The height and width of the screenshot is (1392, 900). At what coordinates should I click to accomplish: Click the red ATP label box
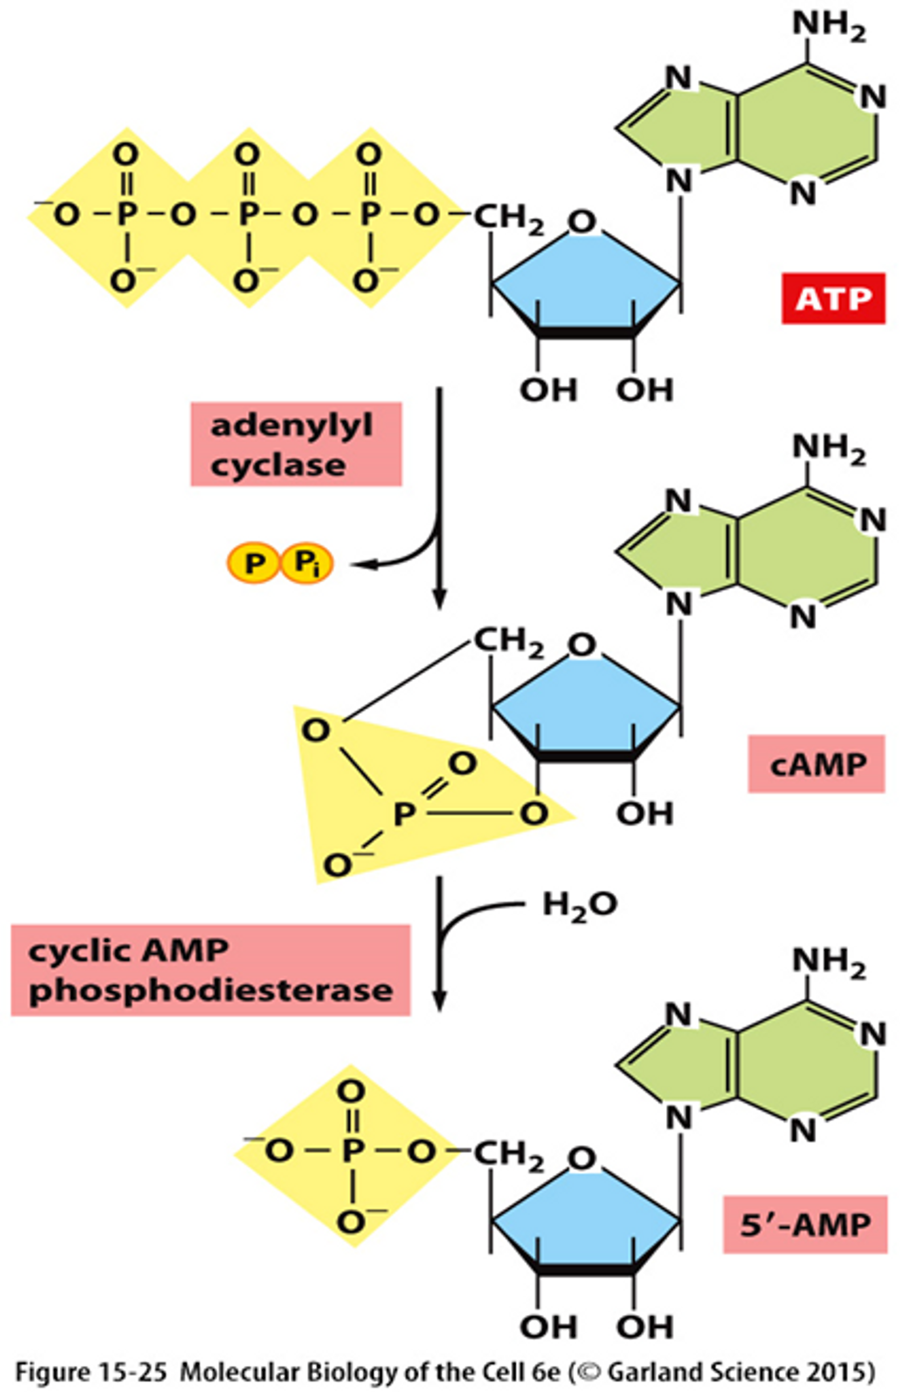coord(833,298)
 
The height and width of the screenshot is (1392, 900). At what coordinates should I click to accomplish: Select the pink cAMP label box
coord(816,764)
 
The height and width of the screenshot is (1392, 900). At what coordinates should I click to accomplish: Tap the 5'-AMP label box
coord(805,1225)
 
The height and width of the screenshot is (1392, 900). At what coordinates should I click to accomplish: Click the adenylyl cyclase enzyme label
coord(296,444)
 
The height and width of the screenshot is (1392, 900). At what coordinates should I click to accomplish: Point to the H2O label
coord(579,905)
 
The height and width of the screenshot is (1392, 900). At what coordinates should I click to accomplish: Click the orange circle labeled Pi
coord(307,564)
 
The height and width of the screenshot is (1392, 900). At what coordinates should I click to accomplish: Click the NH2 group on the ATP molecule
coord(828,26)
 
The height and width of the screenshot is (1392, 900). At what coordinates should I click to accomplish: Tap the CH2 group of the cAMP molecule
coord(509,642)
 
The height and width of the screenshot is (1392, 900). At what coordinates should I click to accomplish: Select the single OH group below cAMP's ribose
coord(645,814)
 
